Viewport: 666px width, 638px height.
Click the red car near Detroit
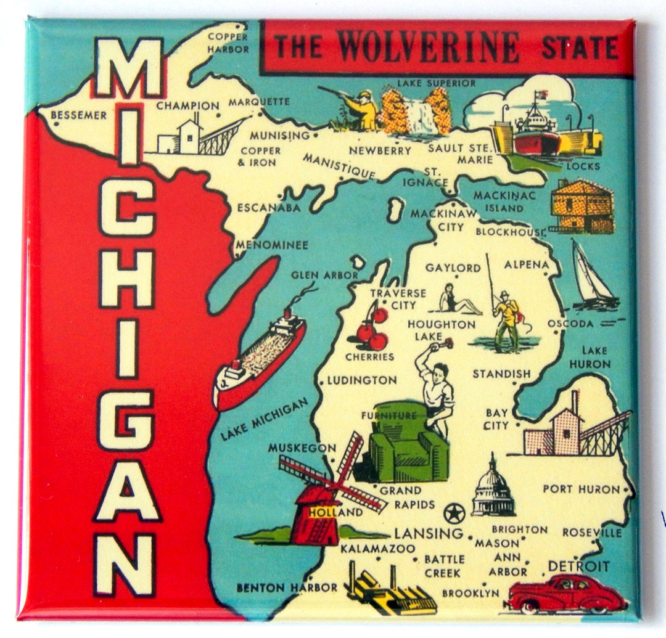[x=566, y=594]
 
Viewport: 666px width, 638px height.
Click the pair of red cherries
[x=373, y=330]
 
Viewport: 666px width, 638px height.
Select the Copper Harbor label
[x=228, y=43]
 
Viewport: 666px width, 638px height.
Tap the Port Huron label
[x=580, y=489]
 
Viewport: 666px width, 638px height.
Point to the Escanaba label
[x=268, y=208]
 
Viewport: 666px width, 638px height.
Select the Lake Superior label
[x=436, y=83]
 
